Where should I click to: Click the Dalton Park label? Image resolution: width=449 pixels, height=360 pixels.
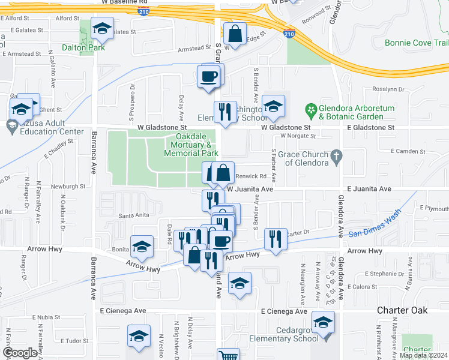point(83,47)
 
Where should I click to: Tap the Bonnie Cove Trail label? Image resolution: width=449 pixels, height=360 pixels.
point(417,43)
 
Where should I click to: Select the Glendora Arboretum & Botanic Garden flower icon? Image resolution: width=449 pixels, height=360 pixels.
point(311,110)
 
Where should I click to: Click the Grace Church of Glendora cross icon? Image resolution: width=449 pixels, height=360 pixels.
point(337,158)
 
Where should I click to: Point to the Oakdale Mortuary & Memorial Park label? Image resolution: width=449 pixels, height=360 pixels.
point(190,145)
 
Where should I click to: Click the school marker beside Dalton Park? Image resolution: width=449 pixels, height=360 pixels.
point(103,28)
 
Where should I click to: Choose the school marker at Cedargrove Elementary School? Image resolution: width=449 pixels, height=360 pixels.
point(323,325)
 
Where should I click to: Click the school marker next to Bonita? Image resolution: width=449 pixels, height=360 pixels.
point(142,247)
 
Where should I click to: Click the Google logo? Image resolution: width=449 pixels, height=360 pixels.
point(20,353)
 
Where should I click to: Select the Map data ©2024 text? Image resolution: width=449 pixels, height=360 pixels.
point(423,355)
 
